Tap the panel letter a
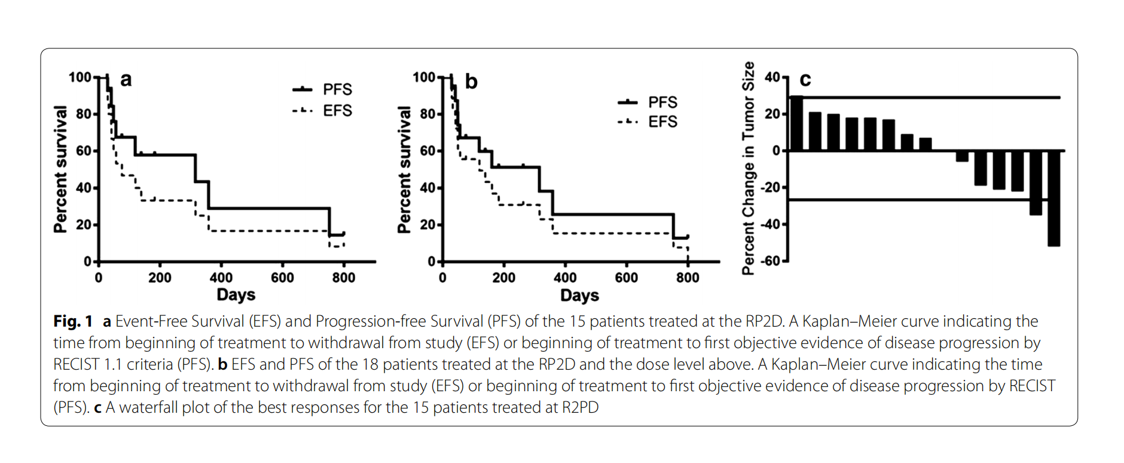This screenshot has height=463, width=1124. (x=126, y=79)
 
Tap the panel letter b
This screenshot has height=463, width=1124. (x=471, y=81)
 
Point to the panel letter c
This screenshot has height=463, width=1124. (x=805, y=80)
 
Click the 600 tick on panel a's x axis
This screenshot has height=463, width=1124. (x=282, y=278)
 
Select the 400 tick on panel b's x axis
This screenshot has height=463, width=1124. (x=565, y=278)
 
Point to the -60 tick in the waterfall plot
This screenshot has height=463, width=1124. (x=771, y=261)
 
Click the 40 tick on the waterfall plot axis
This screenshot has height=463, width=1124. (x=772, y=77)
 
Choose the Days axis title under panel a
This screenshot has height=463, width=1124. (x=236, y=295)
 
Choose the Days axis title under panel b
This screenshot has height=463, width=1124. (x=579, y=296)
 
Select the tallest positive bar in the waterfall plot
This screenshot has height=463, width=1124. (x=796, y=123)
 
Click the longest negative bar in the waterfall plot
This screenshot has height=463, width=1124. (x=1053, y=198)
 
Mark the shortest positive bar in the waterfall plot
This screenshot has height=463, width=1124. (x=925, y=144)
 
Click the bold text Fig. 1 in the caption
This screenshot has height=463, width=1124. (x=73, y=322)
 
